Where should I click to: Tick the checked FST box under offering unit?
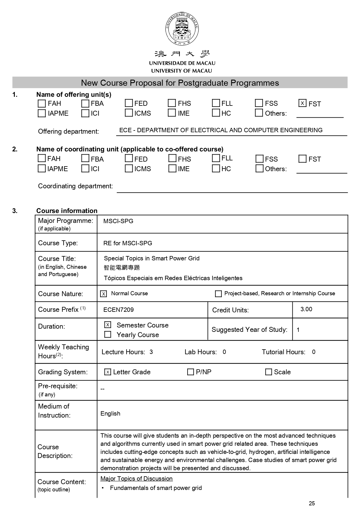click(x=302, y=103)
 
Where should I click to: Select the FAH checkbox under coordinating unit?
click(x=42, y=158)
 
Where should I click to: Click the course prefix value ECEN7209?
click(x=118, y=310)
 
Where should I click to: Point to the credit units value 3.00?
click(x=306, y=309)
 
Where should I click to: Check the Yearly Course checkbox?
click(x=108, y=334)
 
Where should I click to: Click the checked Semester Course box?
click(x=108, y=325)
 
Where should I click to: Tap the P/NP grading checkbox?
click(x=190, y=372)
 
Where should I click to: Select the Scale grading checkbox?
click(x=269, y=372)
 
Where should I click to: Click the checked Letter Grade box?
click(x=108, y=372)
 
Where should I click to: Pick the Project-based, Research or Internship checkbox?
click(x=218, y=294)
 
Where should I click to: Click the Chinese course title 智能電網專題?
click(x=122, y=268)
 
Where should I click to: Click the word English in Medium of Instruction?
click(x=110, y=414)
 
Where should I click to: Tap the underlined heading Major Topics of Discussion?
click(x=136, y=479)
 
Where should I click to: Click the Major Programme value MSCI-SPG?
click(x=118, y=221)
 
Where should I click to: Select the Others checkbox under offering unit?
click(x=259, y=113)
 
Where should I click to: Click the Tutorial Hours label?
click(x=283, y=352)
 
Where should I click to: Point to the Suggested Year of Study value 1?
click(x=298, y=330)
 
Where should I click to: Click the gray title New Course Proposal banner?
click(x=180, y=83)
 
